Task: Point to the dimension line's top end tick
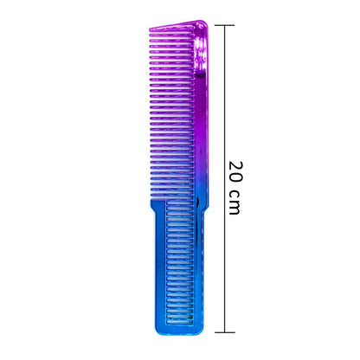pos(226,25)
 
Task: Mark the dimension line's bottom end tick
pos(226,331)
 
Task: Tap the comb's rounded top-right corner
pos(205,23)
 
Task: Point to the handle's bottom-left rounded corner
pos(157,330)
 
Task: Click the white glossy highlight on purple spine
pos(202,52)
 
